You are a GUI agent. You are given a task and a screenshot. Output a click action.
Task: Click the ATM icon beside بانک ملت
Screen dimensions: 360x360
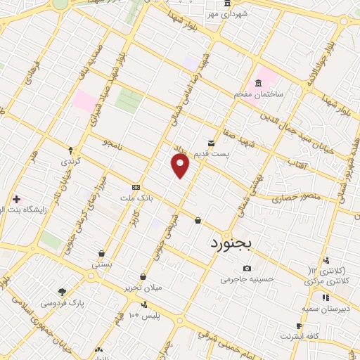(136, 188)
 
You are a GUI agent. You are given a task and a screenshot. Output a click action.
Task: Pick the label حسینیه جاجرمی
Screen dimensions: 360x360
(245, 279)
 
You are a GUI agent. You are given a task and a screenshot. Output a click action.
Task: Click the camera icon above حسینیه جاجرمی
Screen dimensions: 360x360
(247, 268)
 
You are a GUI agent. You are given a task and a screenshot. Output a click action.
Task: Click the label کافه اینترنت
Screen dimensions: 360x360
(300, 336)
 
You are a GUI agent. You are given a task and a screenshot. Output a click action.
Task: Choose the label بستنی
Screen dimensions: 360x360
(101, 264)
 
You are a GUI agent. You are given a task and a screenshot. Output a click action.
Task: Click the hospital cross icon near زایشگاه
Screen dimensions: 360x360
(15, 199)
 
